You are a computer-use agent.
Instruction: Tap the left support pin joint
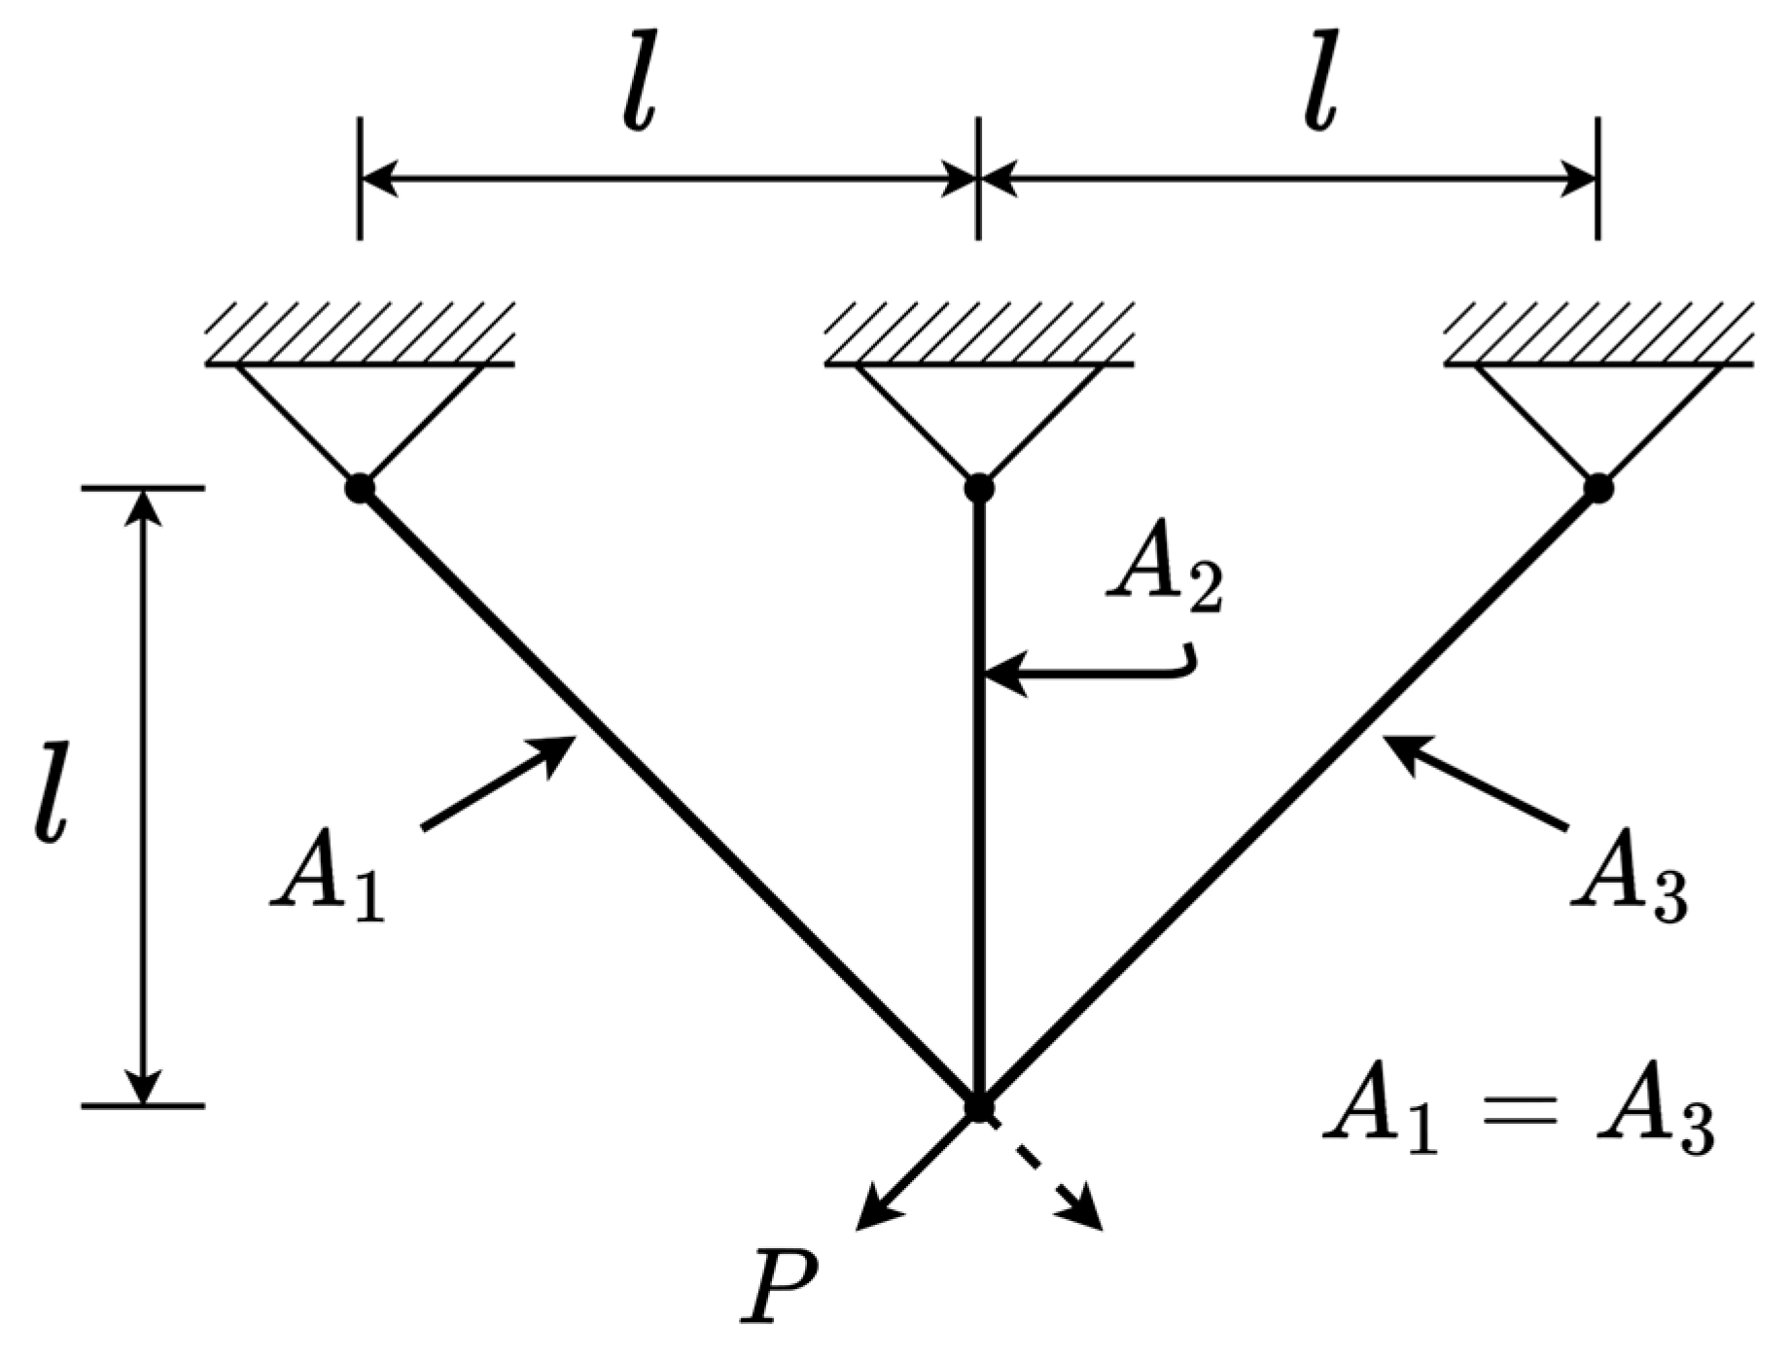360,487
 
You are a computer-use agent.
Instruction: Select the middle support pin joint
978,487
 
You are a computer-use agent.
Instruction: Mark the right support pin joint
1597,487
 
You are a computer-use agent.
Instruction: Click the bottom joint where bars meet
978,1107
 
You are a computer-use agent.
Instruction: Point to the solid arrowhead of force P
870,1215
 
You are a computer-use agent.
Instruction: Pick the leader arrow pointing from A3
1474,783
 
